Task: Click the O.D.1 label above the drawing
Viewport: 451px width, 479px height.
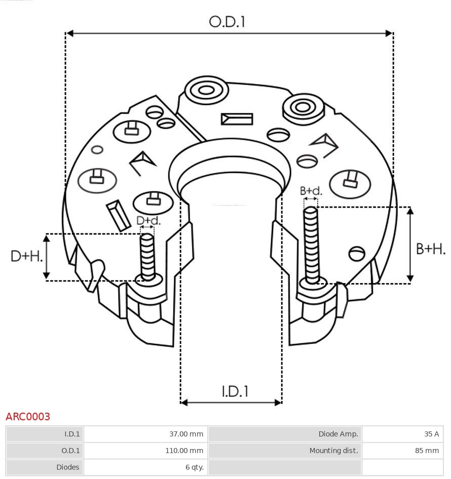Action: coord(227,21)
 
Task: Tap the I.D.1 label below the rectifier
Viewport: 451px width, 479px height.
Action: coord(235,391)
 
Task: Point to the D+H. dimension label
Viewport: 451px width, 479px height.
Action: coord(26,256)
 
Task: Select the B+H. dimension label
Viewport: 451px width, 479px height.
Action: coord(431,249)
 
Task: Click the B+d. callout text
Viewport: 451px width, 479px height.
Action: coord(311,191)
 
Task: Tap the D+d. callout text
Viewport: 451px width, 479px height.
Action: coord(148,221)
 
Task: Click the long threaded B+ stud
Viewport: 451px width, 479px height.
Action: coord(311,245)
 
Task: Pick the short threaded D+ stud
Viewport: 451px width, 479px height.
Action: coord(147,256)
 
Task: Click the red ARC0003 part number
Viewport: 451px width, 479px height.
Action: coord(28,417)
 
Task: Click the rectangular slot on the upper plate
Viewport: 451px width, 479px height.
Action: coord(237,119)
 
